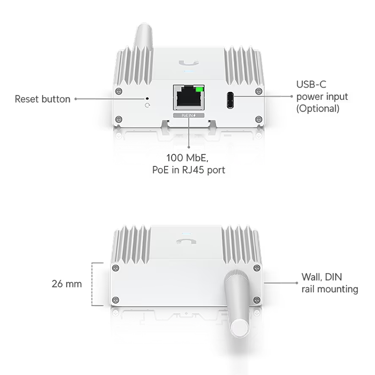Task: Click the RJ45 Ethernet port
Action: [189, 97]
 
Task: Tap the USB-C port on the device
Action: [230, 100]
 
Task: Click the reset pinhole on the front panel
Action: [147, 98]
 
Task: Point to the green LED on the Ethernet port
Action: [199, 90]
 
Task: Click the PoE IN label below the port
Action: [189, 115]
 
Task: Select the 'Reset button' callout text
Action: [43, 99]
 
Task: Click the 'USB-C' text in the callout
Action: [311, 84]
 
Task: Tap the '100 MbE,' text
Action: [187, 158]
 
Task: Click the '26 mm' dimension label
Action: [67, 284]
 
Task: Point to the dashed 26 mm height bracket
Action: [92, 284]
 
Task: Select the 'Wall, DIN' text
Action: [322, 277]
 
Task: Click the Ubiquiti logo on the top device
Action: [189, 63]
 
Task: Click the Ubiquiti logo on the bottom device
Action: [186, 241]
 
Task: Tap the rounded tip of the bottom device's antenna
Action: [240, 328]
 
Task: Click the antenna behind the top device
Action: [143, 36]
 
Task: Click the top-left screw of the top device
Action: [119, 91]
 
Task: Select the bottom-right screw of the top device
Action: [259, 119]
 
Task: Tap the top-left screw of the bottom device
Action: [115, 268]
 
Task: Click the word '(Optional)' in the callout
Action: [318, 109]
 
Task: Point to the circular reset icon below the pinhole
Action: [147, 105]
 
